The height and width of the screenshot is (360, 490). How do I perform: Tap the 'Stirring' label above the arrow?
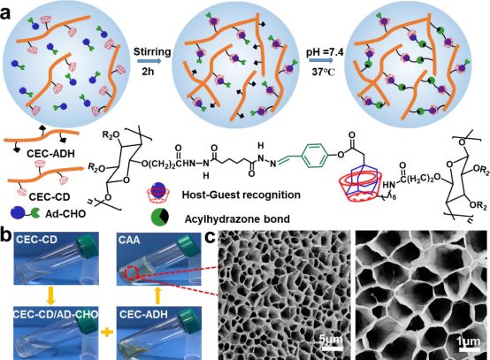[x=152, y=51]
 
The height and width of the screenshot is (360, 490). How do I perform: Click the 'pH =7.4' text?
[x=325, y=52]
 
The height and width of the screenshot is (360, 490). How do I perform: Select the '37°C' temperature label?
[x=323, y=73]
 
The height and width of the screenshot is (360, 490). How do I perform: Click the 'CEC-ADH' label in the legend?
[x=50, y=154]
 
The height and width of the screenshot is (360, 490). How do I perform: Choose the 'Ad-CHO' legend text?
[x=65, y=214]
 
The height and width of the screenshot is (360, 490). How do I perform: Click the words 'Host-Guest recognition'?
[x=241, y=195]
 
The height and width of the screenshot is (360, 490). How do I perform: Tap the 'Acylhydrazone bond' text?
[x=237, y=218]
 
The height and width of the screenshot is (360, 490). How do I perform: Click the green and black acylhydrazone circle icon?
[x=160, y=217]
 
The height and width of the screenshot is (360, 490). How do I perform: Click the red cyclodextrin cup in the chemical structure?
[x=362, y=188]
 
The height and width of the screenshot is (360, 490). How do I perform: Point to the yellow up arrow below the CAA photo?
[x=158, y=296]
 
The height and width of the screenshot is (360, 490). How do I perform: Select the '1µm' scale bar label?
[x=469, y=341]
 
